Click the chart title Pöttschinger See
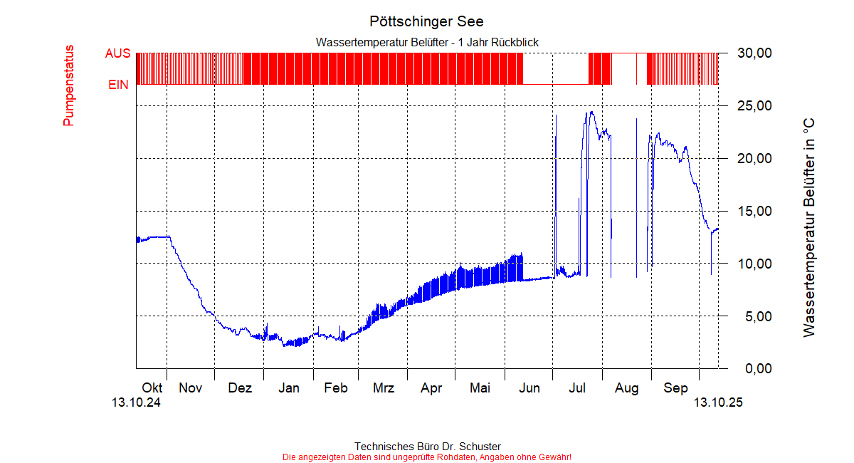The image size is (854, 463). tap(426, 21)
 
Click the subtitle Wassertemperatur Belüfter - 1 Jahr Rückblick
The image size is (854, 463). tap(427, 43)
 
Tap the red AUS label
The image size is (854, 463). tap(117, 53)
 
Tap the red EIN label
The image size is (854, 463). tap(118, 85)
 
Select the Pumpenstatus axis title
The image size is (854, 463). tap(68, 85)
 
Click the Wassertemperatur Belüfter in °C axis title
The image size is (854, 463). tap(808, 228)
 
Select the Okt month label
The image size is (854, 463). tap(152, 388)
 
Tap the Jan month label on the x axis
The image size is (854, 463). tap(288, 388)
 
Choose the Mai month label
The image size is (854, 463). tap(480, 388)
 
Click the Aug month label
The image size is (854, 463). tap(627, 388)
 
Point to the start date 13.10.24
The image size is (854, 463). tap(136, 402)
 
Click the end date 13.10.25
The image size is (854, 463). tap(719, 402)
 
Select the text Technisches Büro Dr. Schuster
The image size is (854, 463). tap(427, 447)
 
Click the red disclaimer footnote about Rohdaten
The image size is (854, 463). tap(427, 457)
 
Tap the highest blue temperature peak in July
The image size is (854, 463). tap(590, 112)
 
